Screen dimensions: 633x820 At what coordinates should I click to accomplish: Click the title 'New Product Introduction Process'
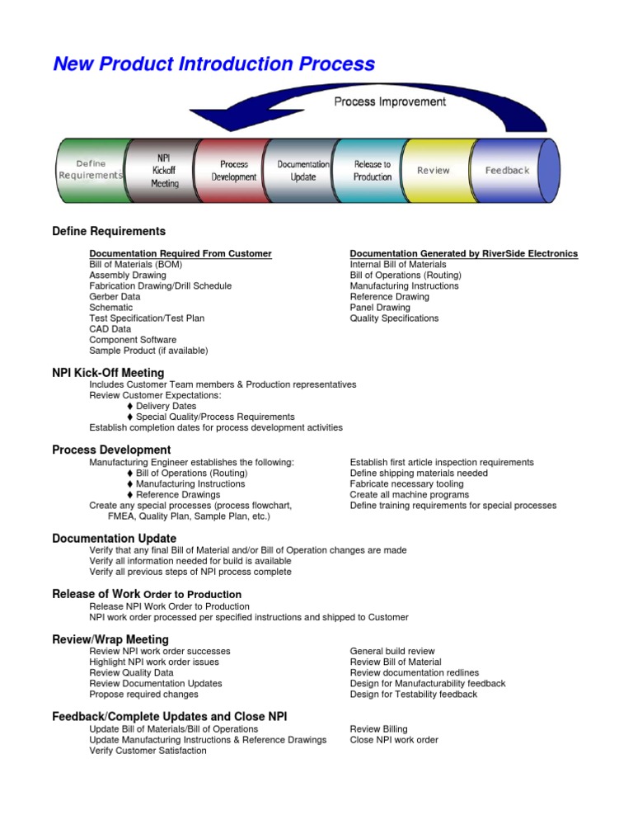coord(213,64)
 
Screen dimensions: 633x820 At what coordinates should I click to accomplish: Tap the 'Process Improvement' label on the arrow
coord(390,101)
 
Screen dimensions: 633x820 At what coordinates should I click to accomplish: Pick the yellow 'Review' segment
coord(434,170)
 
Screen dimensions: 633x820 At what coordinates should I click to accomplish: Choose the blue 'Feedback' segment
coord(507,170)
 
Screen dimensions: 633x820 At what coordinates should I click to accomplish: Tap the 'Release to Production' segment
coord(373,170)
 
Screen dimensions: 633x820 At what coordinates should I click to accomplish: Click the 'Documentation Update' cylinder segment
coord(303,170)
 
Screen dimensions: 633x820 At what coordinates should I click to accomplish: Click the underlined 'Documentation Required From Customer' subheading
coord(181,253)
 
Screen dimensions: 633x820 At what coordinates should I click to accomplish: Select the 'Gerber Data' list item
coord(115,297)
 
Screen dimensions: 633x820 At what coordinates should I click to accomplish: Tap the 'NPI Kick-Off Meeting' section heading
coord(108,373)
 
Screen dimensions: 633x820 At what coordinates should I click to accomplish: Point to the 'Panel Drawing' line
coord(380,308)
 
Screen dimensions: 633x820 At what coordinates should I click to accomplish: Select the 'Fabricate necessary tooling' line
coord(406,484)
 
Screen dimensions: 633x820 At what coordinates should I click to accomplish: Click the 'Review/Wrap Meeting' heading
coord(110,639)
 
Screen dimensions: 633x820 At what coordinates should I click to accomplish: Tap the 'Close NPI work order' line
coord(394,740)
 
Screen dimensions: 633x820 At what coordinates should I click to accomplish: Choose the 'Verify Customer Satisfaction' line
coord(148,751)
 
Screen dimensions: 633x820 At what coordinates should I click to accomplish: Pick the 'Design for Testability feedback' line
coord(413,695)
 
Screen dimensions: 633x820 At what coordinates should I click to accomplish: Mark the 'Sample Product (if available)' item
coord(148,351)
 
